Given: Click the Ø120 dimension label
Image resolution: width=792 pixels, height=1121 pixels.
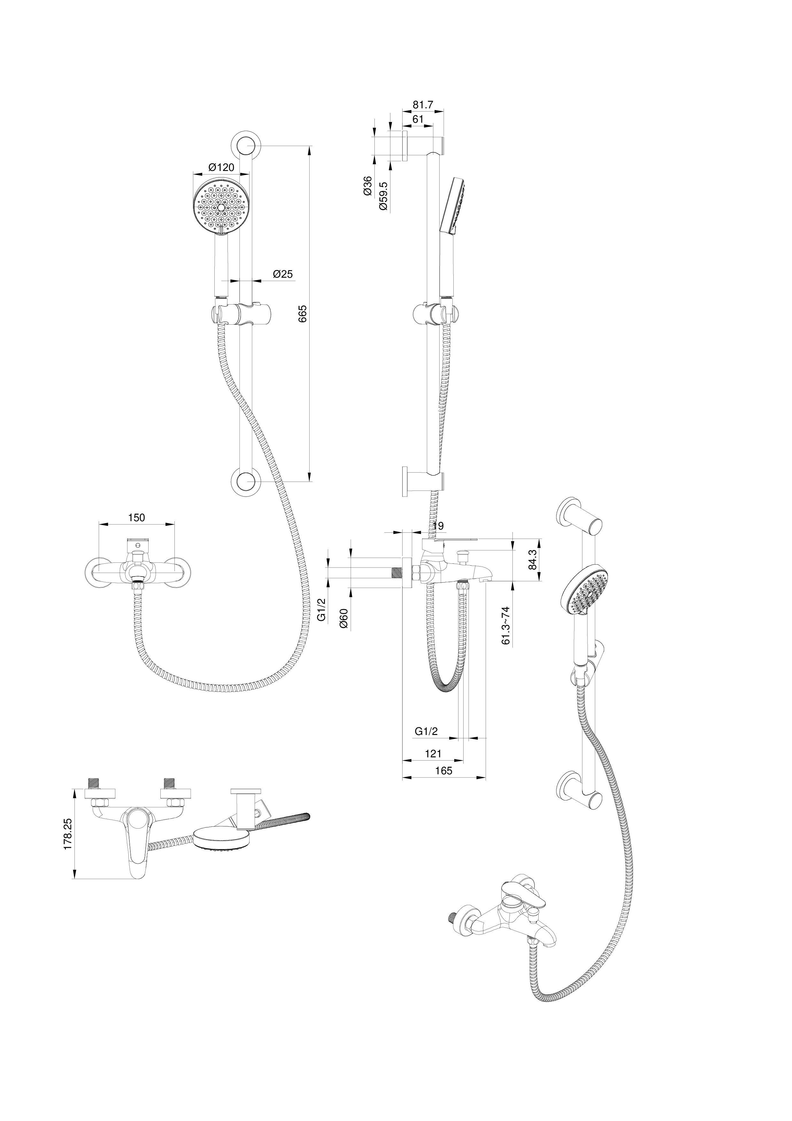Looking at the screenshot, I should point(221,167).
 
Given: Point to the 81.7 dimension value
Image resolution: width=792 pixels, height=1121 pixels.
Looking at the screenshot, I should point(423,105).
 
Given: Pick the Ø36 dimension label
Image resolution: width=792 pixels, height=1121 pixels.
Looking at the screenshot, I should point(368,186).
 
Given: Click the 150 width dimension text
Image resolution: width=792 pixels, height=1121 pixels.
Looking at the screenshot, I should point(137,518).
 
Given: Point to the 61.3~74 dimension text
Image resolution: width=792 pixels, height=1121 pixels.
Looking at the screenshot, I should point(506,625).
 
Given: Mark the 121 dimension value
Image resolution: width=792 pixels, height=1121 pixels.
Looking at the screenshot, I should point(433,754).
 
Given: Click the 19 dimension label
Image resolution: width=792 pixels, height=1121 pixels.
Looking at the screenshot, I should point(438,526).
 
